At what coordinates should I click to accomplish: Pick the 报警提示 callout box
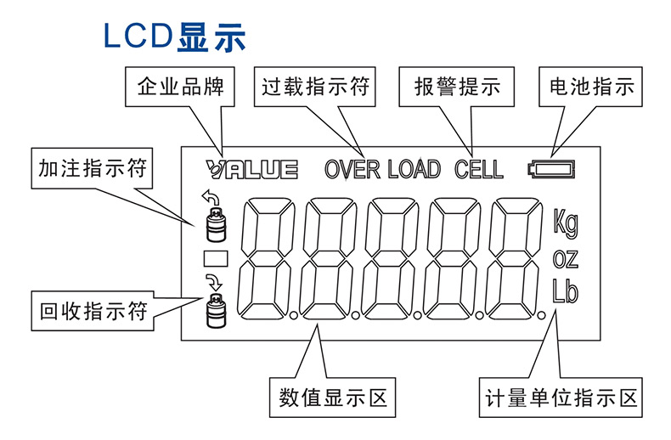(x=457, y=87)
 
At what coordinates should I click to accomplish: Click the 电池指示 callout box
(x=592, y=87)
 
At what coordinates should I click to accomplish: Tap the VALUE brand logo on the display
(x=251, y=168)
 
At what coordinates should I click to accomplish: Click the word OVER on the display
(x=352, y=168)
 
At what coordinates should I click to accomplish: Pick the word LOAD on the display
(x=414, y=168)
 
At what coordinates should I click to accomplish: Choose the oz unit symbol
(x=565, y=257)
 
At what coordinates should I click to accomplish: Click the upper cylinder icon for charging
(x=213, y=225)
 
